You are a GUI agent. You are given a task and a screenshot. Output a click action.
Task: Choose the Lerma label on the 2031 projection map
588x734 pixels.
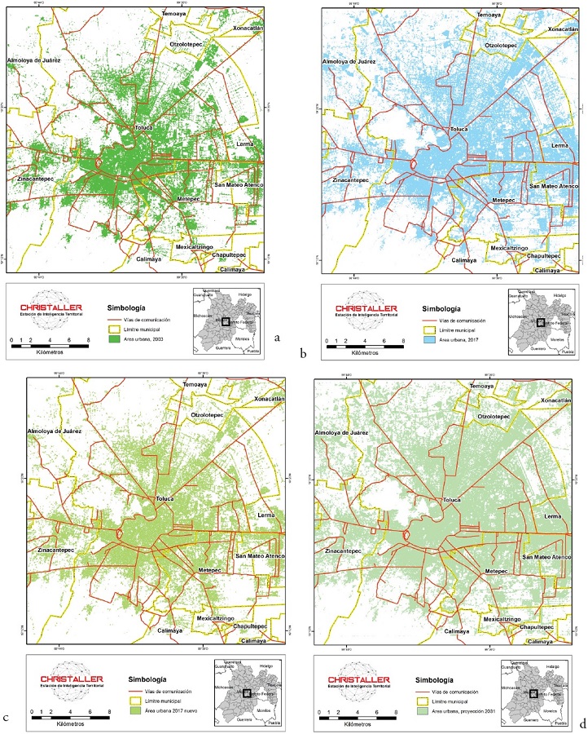(552, 518)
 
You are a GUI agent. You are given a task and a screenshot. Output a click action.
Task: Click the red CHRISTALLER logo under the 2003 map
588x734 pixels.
(57, 307)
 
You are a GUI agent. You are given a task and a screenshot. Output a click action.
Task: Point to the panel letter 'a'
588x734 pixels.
(279, 337)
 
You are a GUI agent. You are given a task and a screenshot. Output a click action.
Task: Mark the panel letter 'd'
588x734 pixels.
(582, 723)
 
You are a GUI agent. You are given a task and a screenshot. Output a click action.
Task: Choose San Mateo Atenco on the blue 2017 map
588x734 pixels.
(554, 187)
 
